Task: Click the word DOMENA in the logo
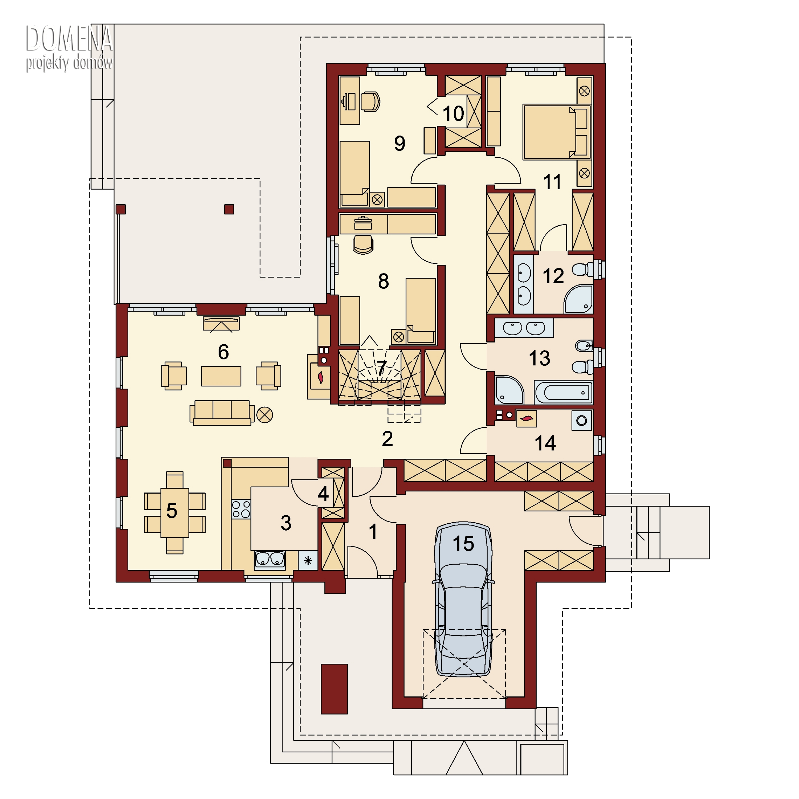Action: point(69,38)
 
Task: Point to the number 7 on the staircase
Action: point(381,367)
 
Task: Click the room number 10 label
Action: point(453,113)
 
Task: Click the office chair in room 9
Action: point(370,101)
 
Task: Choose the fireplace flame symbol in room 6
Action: point(320,377)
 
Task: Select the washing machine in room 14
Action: point(582,421)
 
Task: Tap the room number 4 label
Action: point(323,493)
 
